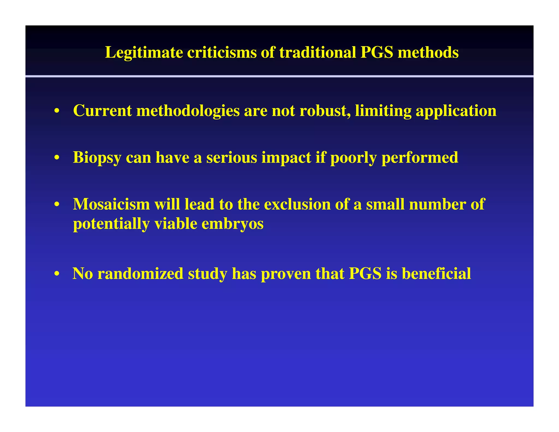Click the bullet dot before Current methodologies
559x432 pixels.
click(57, 111)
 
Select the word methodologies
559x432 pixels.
click(188, 111)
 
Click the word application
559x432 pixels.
click(456, 111)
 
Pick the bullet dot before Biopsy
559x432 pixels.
click(57, 158)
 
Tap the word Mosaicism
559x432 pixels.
click(111, 204)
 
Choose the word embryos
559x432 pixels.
click(232, 224)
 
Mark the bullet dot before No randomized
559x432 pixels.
click(57, 274)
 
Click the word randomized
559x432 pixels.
click(140, 274)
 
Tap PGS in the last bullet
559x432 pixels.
click(365, 274)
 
